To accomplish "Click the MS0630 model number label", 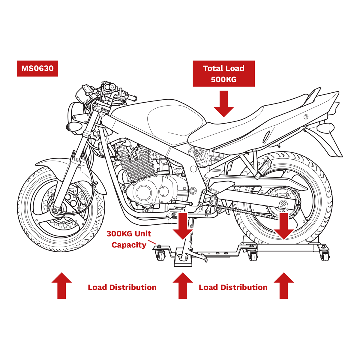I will [x=37, y=69].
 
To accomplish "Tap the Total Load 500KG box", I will [x=223, y=74].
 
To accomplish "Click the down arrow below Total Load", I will [x=223, y=104].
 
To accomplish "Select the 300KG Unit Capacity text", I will [x=129, y=239].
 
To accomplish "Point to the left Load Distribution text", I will [x=122, y=287].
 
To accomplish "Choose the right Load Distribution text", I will [x=233, y=287].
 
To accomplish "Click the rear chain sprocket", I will [x=282, y=204].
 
